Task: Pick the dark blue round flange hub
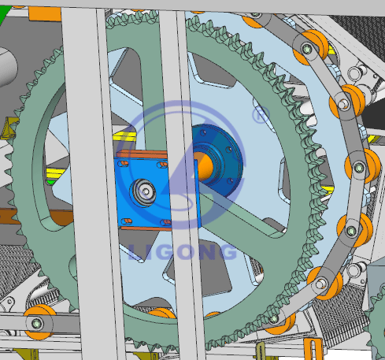218,160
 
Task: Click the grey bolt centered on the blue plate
143,192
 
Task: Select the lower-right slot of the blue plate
166,223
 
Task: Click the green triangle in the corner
4,13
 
